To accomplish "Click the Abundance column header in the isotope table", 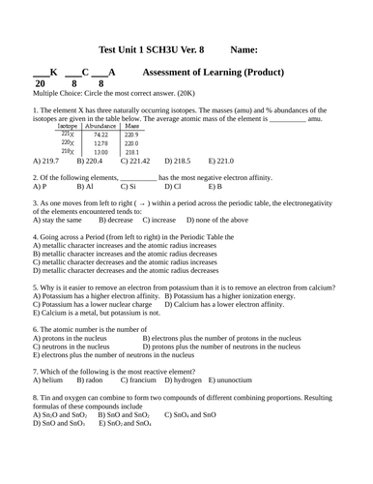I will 100,126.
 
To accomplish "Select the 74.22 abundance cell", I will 100,135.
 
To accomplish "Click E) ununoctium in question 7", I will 233,380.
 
